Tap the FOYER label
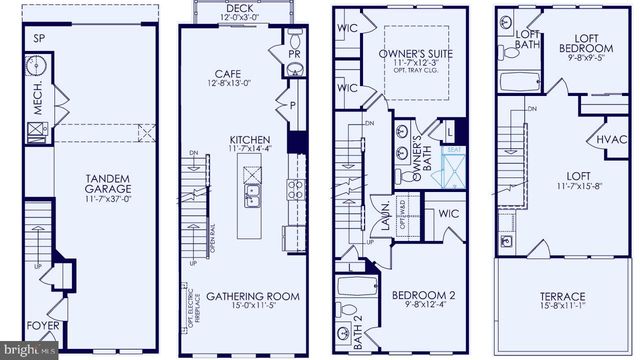point(42,326)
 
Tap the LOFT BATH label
point(527,39)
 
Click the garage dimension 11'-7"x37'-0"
point(103,196)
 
